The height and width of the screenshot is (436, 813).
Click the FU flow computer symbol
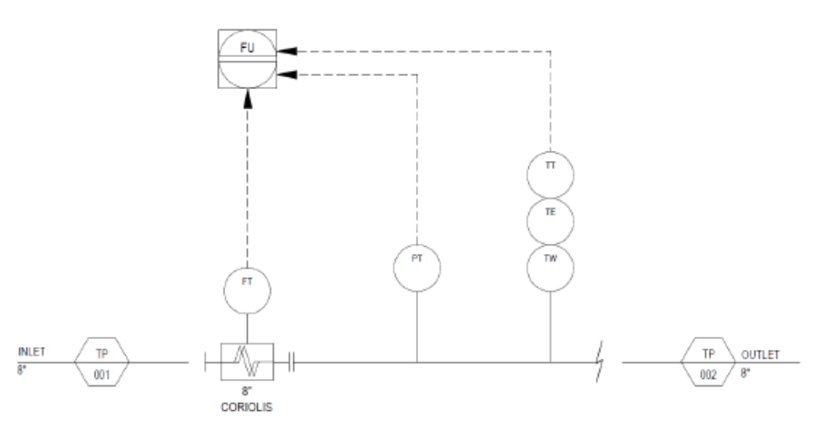click(247, 59)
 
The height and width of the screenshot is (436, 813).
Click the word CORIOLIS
click(247, 408)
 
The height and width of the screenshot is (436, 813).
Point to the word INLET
click(31, 352)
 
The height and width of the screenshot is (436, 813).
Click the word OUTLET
click(760, 355)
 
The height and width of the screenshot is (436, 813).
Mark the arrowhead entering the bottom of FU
click(248, 98)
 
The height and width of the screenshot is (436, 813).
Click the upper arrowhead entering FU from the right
click(287, 51)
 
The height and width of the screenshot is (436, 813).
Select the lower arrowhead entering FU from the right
click(287, 75)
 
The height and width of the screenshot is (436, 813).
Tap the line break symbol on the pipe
click(600, 362)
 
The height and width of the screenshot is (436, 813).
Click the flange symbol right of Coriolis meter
click(292, 362)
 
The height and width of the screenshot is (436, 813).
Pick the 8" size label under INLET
click(21, 370)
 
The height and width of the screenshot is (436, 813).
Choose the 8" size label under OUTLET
click(745, 373)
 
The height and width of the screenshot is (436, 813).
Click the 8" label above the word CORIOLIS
click(247, 391)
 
